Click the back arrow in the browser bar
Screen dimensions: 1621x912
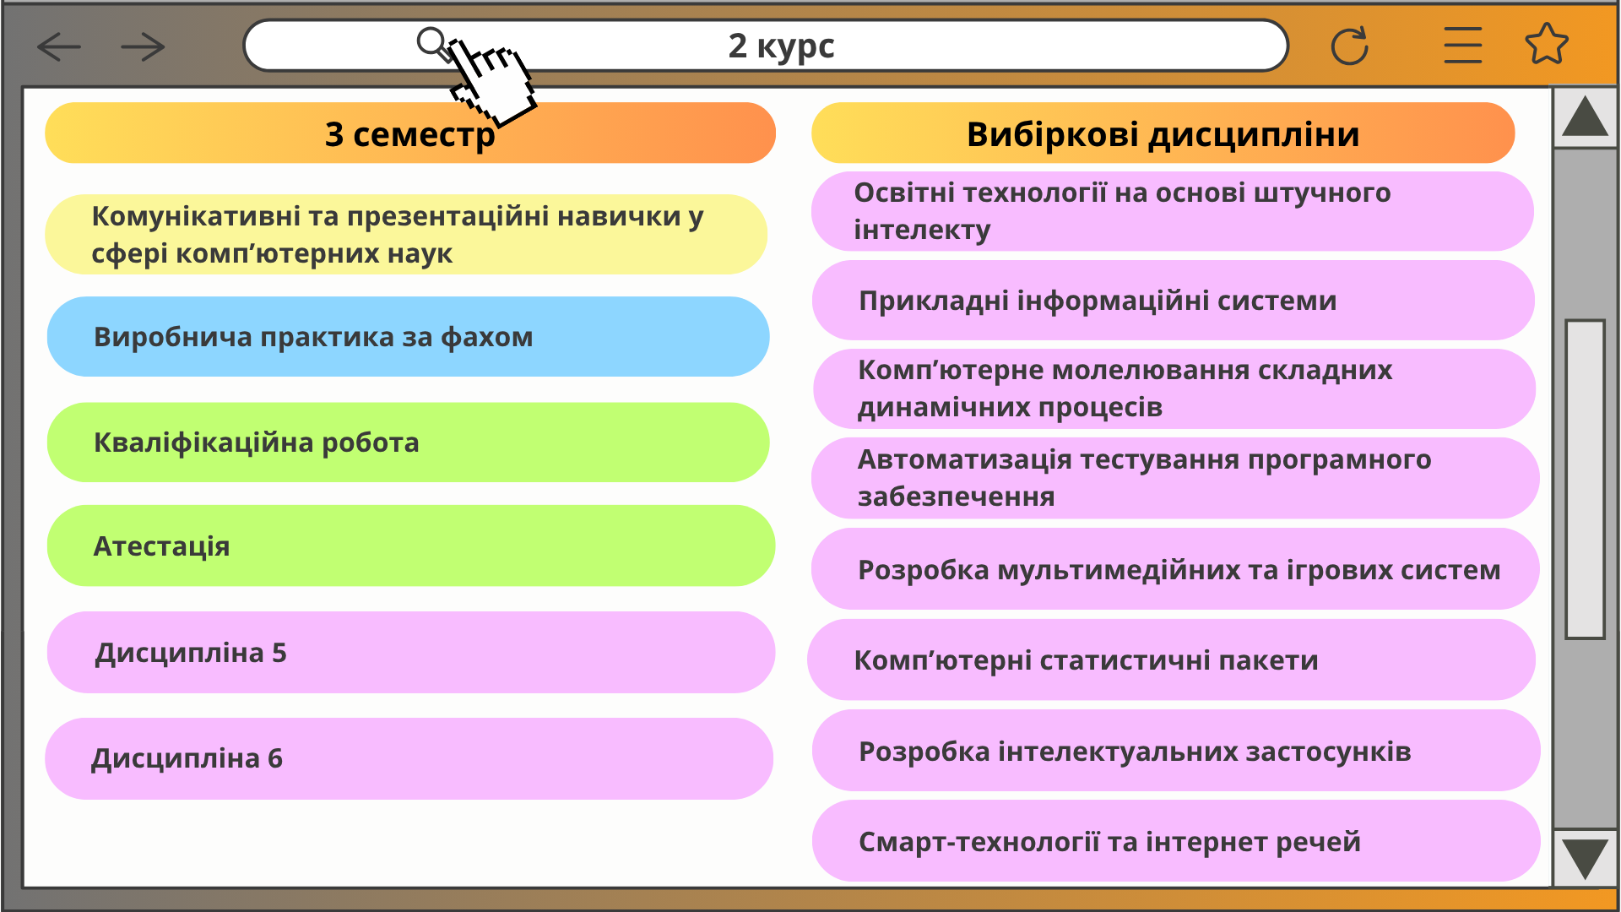click(59, 47)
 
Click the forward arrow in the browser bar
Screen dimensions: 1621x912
click(143, 47)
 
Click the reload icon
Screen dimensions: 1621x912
click(1349, 46)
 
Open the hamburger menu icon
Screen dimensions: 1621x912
click(1462, 46)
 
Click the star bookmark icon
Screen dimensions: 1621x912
click(1547, 44)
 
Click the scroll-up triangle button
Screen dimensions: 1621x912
click(1585, 117)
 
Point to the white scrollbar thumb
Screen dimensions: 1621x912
click(1585, 479)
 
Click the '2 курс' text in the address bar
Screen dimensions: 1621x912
click(781, 46)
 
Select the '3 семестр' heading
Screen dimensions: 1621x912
click(410, 133)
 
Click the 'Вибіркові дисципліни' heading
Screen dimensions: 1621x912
click(1163, 133)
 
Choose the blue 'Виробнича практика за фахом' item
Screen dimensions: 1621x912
click(408, 336)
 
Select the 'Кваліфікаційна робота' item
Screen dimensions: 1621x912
click(408, 442)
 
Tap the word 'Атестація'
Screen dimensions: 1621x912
click(161, 546)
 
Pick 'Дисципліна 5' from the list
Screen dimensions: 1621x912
click(410, 652)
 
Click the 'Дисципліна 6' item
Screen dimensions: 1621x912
click(409, 758)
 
